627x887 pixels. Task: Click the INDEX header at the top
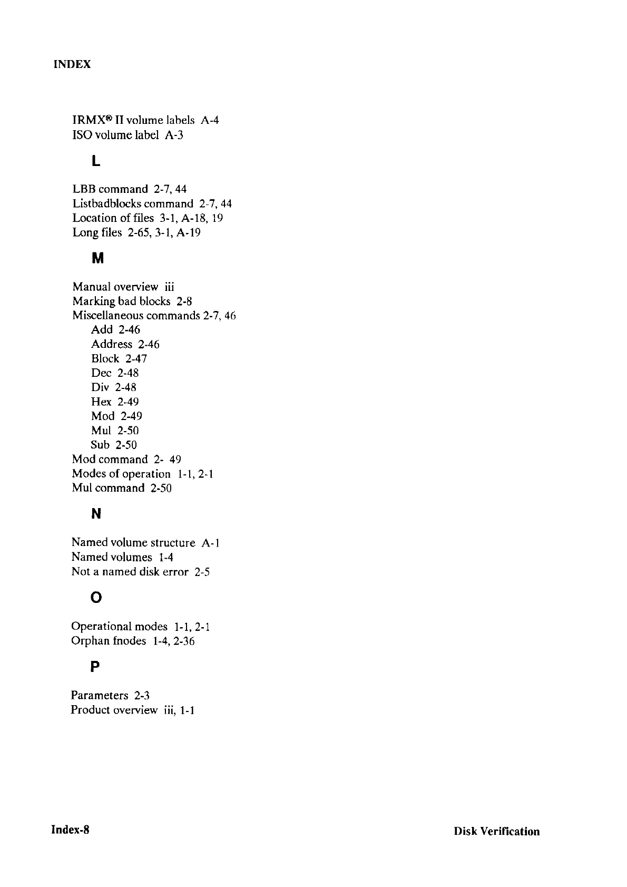tap(72, 64)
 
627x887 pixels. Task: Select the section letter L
tap(95, 161)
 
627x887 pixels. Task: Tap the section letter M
tap(97, 259)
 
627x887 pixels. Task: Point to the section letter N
tap(96, 514)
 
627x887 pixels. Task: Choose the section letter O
tap(96, 598)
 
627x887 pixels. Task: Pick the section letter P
tap(95, 667)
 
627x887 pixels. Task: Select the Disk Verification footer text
tap(496, 832)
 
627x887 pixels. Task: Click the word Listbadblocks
tap(107, 203)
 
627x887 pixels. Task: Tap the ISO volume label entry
tap(128, 135)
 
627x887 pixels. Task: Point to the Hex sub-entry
tap(101, 402)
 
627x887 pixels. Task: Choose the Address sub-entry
tap(112, 344)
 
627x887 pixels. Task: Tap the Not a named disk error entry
tap(140, 572)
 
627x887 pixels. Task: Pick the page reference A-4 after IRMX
tap(210, 120)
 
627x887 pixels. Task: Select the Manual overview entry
tap(123, 287)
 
